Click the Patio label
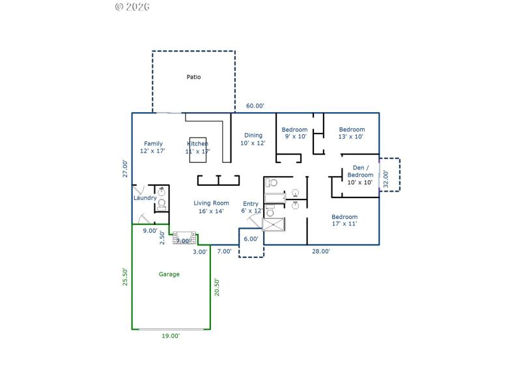tap(193, 77)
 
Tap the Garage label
tap(169, 274)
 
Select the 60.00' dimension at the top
tap(255, 106)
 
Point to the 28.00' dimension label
tap(320, 252)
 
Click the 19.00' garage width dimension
tap(171, 336)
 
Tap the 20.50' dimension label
tap(217, 287)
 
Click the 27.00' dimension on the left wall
tap(125, 168)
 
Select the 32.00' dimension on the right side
tap(386, 179)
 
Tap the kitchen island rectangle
tap(198, 149)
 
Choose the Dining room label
tap(253, 139)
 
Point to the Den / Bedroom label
tap(359, 175)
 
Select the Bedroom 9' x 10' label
tap(294, 133)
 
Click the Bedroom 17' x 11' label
tap(344, 220)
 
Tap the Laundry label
tap(145, 198)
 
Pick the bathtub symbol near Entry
tap(275, 198)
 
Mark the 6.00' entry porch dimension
tap(251, 239)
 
